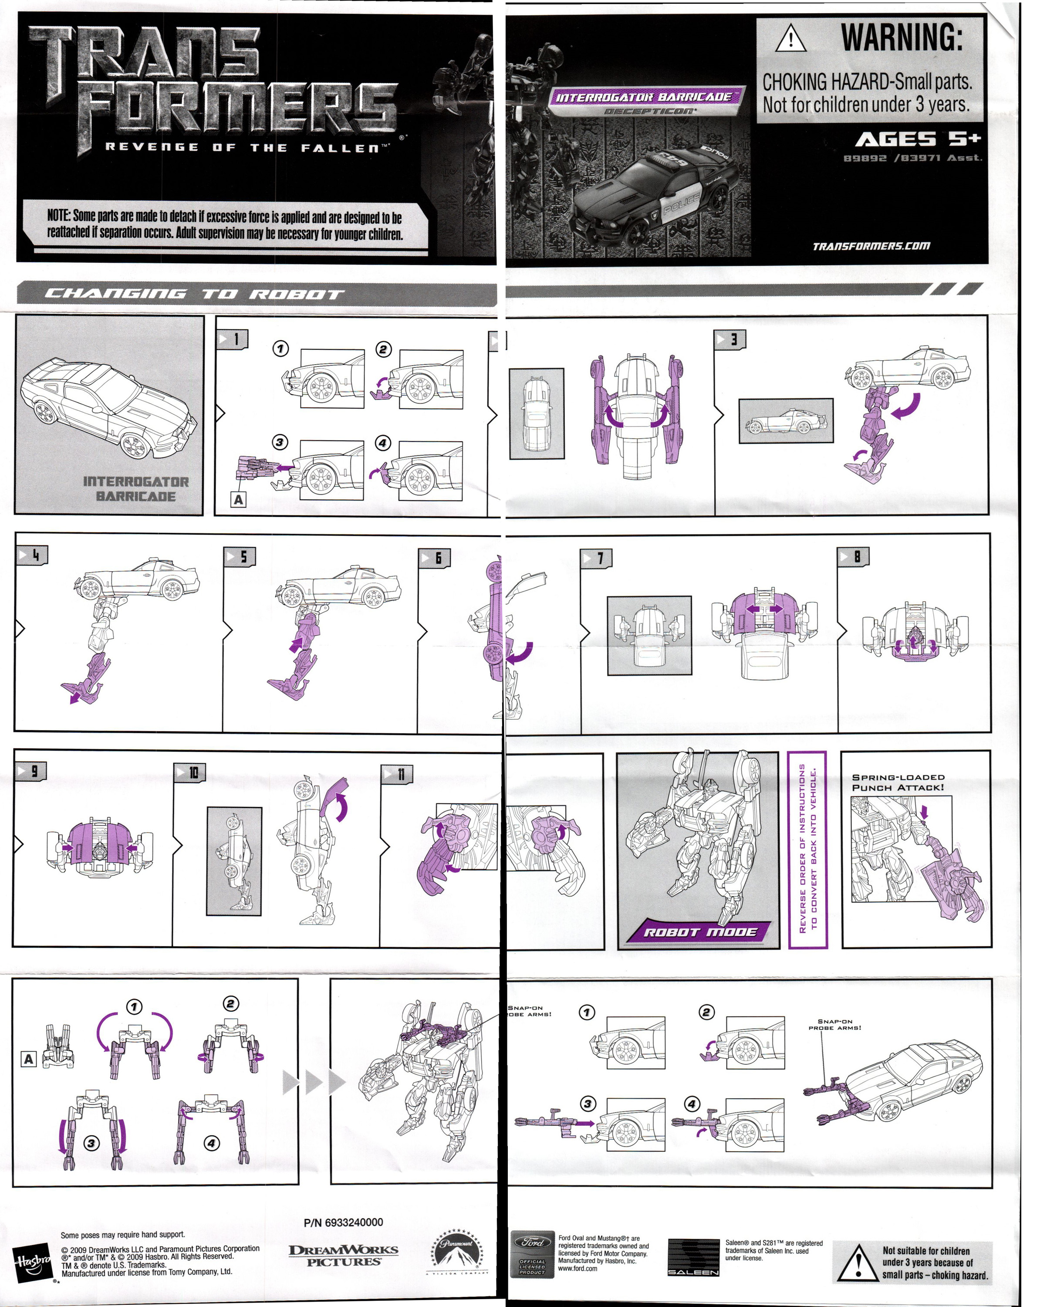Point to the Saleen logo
pyautogui.click(x=693, y=1257)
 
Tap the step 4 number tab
pyautogui.click(x=32, y=555)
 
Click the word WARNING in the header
pyautogui.click(x=901, y=37)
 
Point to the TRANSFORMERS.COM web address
pyautogui.click(x=871, y=246)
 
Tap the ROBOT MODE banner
pyautogui.click(x=699, y=932)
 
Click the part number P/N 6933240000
pyautogui.click(x=343, y=1222)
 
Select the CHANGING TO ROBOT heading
pyautogui.click(x=194, y=295)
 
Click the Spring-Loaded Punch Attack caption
pyautogui.click(x=898, y=782)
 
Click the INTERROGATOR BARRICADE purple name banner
pyautogui.click(x=644, y=97)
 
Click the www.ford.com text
pyautogui.click(x=577, y=1268)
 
